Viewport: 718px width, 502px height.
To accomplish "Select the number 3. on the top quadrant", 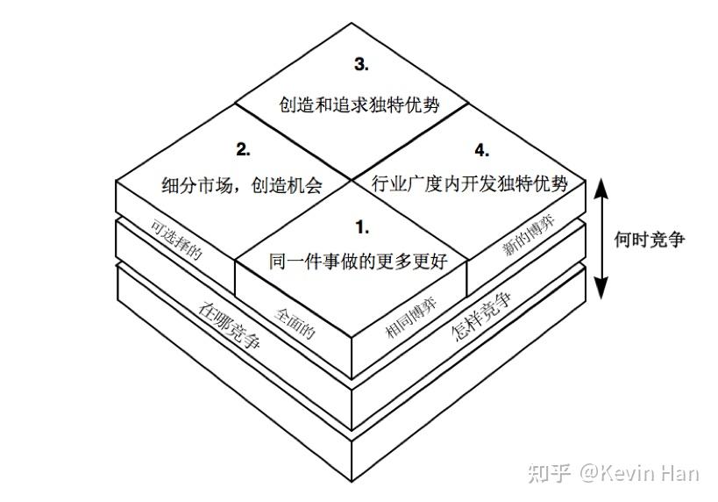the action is [361, 65].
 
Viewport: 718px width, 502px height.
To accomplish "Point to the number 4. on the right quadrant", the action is [480, 149].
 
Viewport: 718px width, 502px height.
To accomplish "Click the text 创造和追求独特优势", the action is [359, 104].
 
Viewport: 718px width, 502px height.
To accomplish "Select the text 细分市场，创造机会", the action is [243, 186].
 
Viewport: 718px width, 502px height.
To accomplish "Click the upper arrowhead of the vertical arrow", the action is [601, 186].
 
